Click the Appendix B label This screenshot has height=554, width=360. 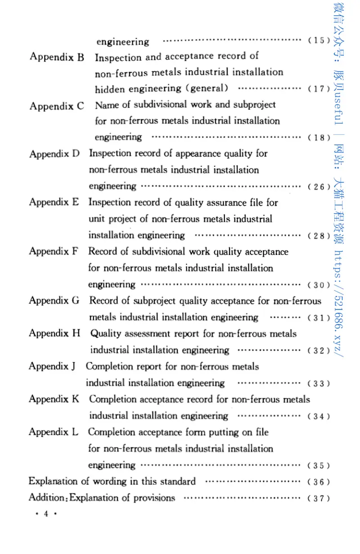coord(57,57)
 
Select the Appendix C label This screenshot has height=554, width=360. coord(57,106)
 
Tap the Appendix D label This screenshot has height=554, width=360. coord(54,154)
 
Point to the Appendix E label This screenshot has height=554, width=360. coord(54,202)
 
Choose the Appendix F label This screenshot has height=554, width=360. coord(54,251)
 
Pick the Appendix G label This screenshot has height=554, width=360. coord(54,300)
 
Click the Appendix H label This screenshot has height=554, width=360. coord(54,333)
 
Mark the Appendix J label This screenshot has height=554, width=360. coord(52,366)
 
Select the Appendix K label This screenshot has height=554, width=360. coord(54,399)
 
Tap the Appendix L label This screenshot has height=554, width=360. coord(54,432)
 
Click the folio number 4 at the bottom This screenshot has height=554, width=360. coord(45,516)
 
